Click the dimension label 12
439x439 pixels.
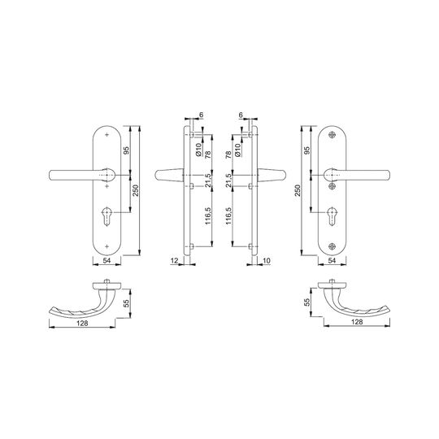[174, 261]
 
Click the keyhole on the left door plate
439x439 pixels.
[106, 216]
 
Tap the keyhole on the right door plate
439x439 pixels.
[332, 216]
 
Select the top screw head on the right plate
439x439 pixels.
[332, 135]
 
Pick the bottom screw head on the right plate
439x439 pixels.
[332, 246]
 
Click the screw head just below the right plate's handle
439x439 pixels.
[332, 186]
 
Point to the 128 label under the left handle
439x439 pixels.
[82, 323]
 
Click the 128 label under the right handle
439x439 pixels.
[357, 322]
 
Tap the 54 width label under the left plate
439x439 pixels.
[106, 260]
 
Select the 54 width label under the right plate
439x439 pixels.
[332, 260]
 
